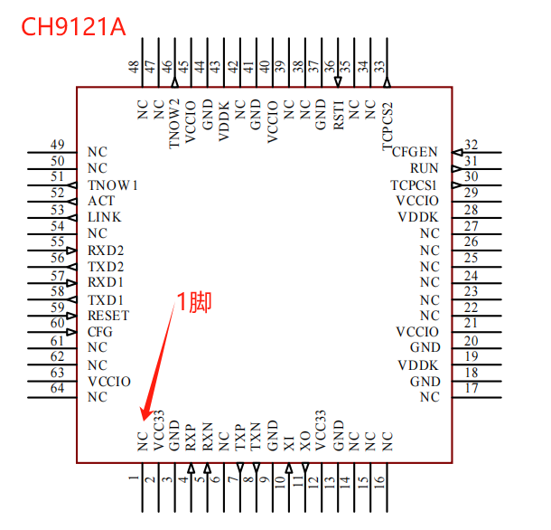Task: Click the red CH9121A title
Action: pyautogui.click(x=73, y=27)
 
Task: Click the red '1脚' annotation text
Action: pyautogui.click(x=193, y=302)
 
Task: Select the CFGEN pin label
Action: pyautogui.click(x=415, y=152)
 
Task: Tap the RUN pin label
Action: pyautogui.click(x=425, y=168)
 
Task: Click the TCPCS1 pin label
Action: pyautogui.click(x=414, y=185)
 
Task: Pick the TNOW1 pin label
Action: pyautogui.click(x=112, y=185)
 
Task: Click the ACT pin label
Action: pyautogui.click(x=101, y=201)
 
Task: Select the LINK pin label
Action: pyautogui.click(x=105, y=217)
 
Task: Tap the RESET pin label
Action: pyautogui.click(x=108, y=316)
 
